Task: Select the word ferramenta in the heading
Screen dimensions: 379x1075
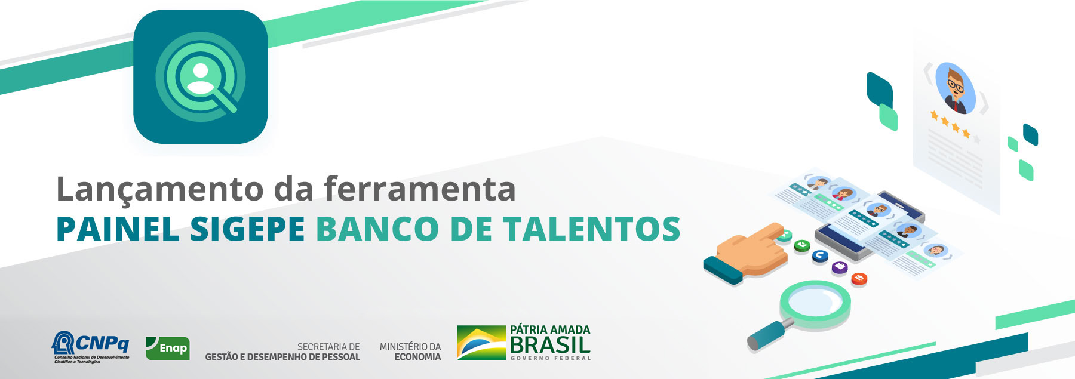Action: pos(420,189)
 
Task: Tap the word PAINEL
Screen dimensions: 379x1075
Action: pos(118,229)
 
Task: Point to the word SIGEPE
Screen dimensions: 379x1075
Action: pos(247,229)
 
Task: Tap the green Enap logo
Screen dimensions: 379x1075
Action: pos(167,348)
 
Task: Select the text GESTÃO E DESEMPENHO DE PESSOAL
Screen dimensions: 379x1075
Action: pos(282,357)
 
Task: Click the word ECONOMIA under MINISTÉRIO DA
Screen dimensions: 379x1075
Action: pos(417,357)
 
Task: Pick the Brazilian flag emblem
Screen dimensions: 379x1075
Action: pos(481,343)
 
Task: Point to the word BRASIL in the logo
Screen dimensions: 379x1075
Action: pos(550,345)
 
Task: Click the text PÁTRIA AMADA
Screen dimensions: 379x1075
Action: pos(550,329)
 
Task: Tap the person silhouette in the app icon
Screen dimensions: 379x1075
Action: pos(201,78)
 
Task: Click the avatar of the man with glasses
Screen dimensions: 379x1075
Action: pos(955,88)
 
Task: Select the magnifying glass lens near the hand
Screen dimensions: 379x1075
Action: pos(815,301)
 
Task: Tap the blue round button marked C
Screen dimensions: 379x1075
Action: pos(820,255)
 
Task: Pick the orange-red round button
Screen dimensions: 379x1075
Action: pos(859,278)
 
